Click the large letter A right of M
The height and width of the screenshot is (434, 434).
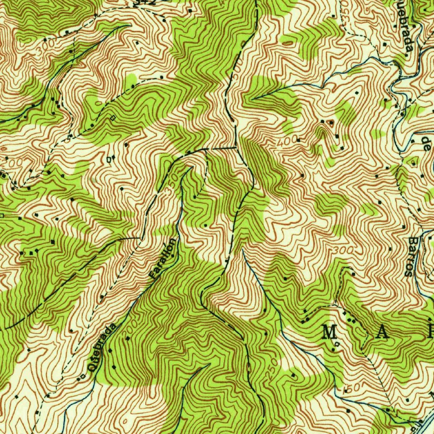(381, 333)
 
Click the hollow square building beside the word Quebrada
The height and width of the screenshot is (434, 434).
(83, 376)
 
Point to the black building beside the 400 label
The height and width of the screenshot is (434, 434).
(298, 139)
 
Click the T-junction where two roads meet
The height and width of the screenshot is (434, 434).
(235, 148)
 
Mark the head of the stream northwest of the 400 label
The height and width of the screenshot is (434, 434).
(253, 98)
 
